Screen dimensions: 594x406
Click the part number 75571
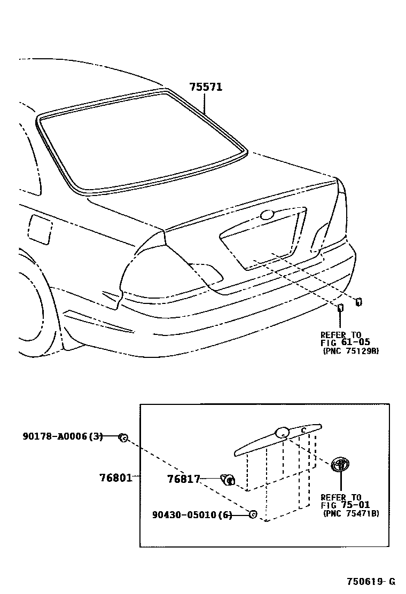click(206, 87)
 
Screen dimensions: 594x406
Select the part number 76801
click(114, 476)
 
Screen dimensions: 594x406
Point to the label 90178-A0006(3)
click(63, 436)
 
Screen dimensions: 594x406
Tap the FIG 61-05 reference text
click(345, 342)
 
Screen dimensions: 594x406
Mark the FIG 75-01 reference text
click(345, 505)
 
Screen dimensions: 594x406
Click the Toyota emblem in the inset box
click(340, 464)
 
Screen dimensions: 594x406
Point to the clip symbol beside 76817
click(228, 479)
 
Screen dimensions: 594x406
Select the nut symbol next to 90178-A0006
click(122, 438)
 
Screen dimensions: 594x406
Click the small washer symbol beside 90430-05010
click(253, 514)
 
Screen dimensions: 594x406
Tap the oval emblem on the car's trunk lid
click(266, 215)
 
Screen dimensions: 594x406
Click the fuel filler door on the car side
click(40, 229)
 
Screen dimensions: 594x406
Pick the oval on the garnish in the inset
click(282, 433)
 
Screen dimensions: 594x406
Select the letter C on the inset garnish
click(302, 429)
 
